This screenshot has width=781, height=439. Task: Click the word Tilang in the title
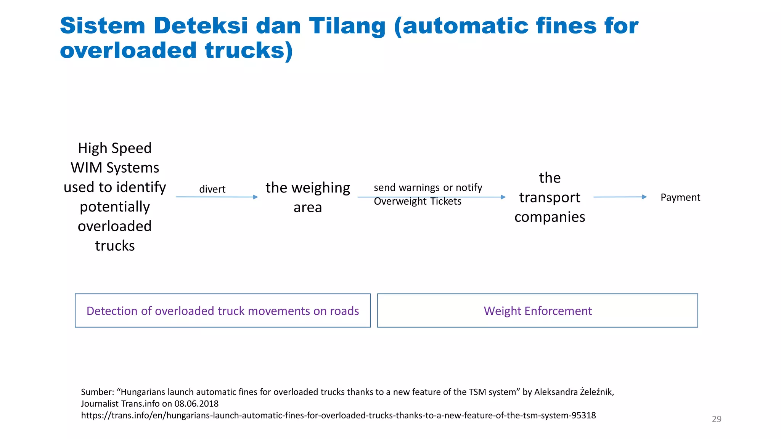pos(347,26)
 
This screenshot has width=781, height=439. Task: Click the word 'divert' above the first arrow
pos(212,189)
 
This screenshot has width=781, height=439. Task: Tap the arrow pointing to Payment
pos(620,197)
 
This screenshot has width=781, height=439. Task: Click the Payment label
pos(680,197)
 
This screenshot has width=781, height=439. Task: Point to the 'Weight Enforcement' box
pos(537,311)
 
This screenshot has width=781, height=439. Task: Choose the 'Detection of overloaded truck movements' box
pos(223,311)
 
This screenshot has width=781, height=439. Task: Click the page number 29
pos(717,419)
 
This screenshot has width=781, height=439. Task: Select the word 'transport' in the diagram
pos(550,197)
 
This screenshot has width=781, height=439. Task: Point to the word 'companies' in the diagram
pos(550,217)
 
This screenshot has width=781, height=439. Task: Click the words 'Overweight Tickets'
pos(417,201)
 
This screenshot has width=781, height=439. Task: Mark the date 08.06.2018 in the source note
pos(196,404)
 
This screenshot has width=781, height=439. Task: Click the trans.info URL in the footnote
pos(338,415)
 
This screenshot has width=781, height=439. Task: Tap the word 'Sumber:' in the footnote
pos(97,392)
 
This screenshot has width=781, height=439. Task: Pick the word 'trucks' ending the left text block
pos(115,246)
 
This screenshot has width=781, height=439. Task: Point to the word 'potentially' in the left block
pos(115,207)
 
